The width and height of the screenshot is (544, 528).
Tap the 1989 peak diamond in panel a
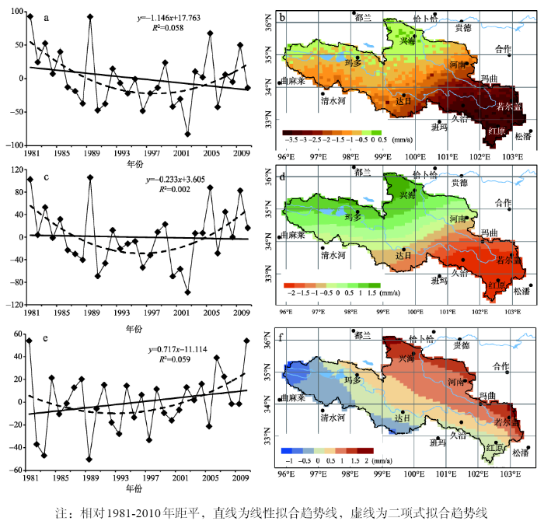[90, 16]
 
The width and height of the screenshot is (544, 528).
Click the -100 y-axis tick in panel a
[16, 145]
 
